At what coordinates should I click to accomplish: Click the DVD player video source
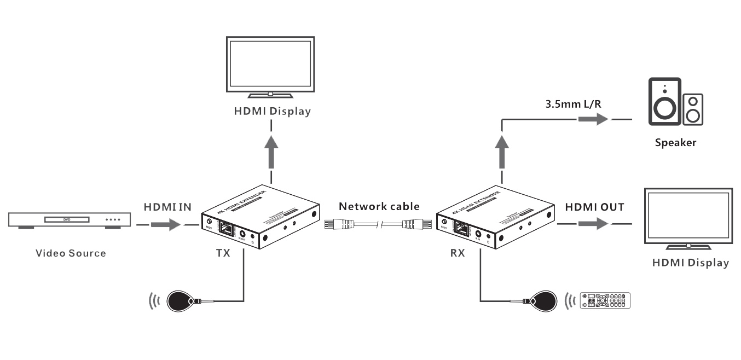(70, 220)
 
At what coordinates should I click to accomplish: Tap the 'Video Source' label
(71, 253)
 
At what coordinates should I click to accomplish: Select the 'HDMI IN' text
(167, 207)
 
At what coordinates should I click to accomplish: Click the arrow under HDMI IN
(165, 224)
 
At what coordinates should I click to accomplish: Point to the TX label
(223, 254)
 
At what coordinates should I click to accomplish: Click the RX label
(457, 254)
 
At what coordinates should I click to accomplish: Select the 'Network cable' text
(379, 206)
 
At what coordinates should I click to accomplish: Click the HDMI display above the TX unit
(270, 66)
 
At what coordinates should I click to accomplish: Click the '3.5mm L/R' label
(570, 102)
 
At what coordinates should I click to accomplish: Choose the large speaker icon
(664, 102)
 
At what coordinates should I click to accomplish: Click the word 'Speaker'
(675, 143)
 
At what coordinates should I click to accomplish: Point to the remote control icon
(605, 300)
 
